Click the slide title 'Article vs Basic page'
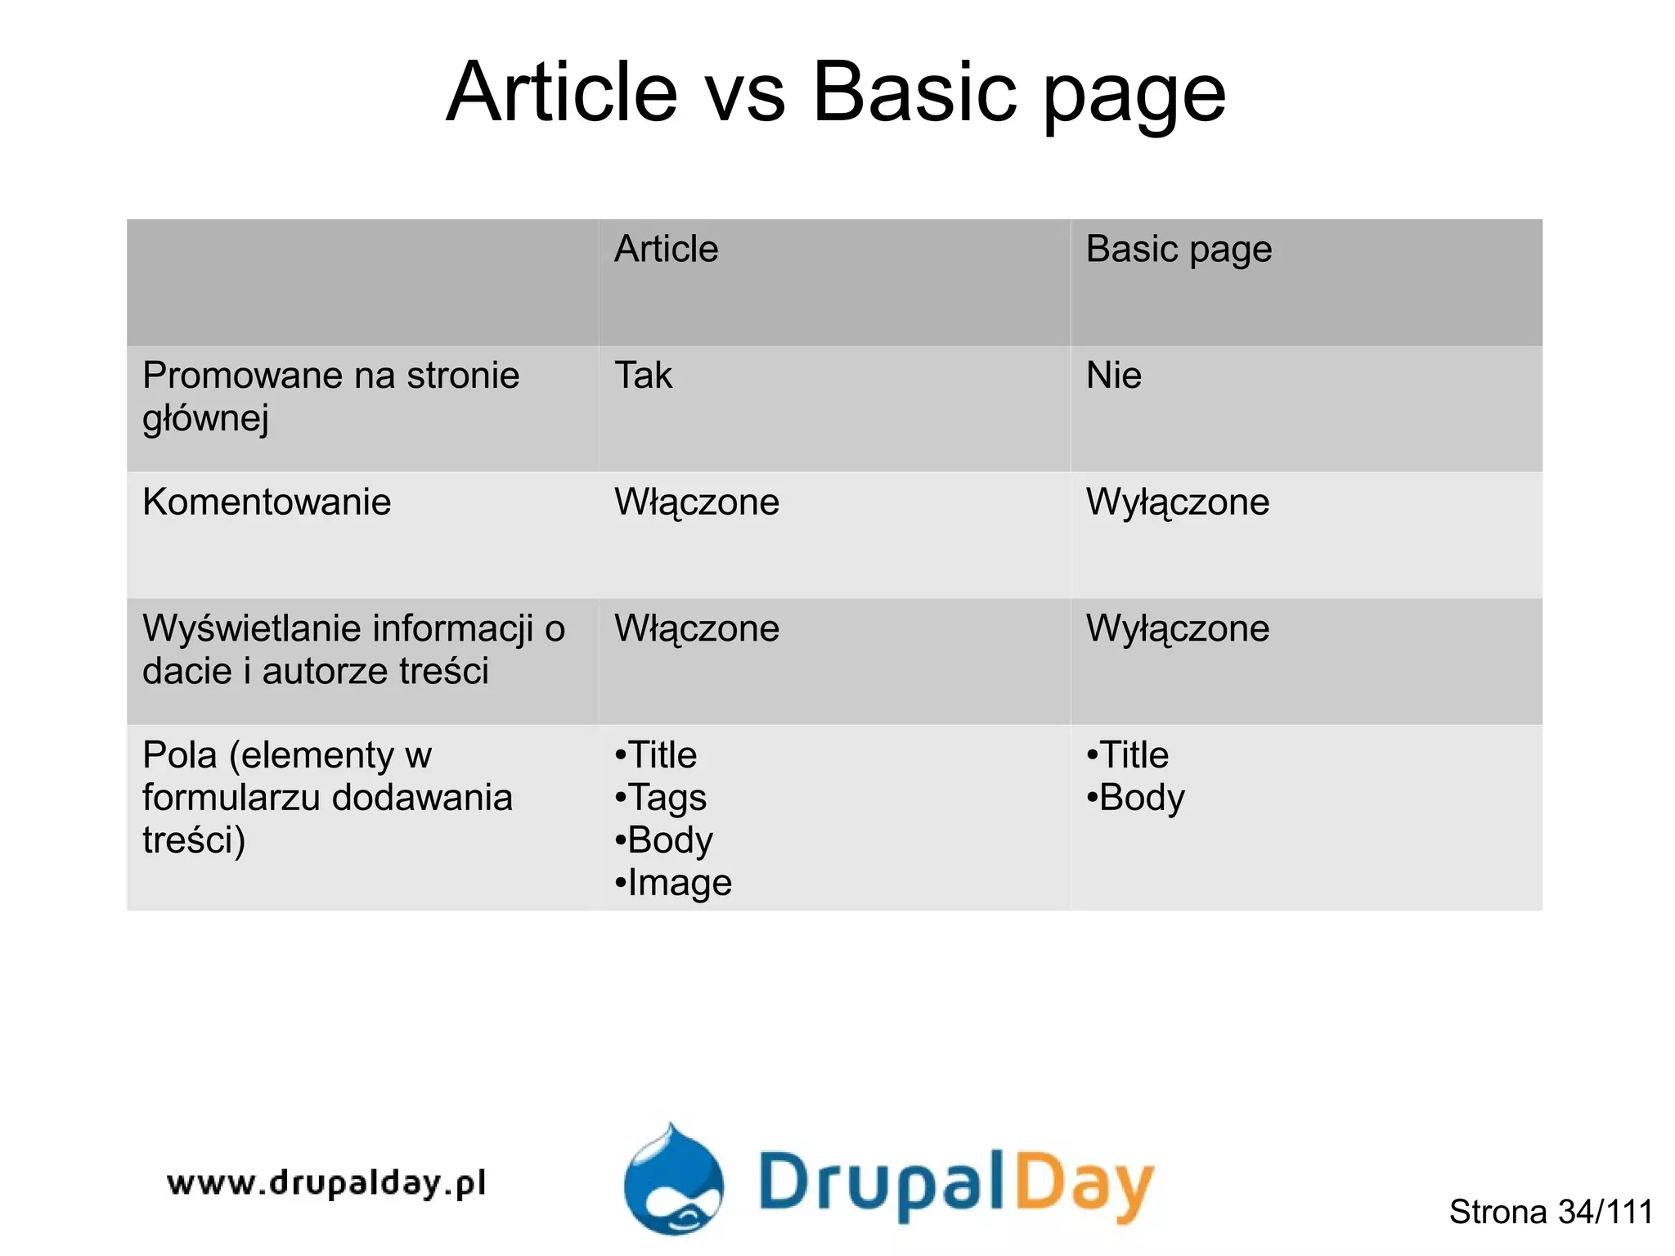tap(836, 92)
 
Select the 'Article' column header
tap(666, 249)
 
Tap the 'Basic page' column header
tap(1179, 249)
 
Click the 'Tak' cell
tap(643, 376)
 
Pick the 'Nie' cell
tap(1113, 376)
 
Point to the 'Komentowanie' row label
tap(267, 502)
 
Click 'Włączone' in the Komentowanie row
tap(697, 502)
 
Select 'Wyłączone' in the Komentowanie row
tap(1178, 502)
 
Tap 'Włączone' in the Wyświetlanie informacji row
tap(697, 628)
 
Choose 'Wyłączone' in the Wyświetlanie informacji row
tap(1178, 628)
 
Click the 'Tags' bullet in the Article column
tap(667, 798)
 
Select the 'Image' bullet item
tap(679, 883)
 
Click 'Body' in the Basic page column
tap(1141, 798)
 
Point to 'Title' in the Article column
tap(662, 754)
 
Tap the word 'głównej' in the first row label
tap(205, 419)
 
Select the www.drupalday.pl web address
tap(326, 1183)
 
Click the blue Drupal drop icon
tap(674, 1181)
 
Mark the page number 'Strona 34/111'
tap(1551, 1212)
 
